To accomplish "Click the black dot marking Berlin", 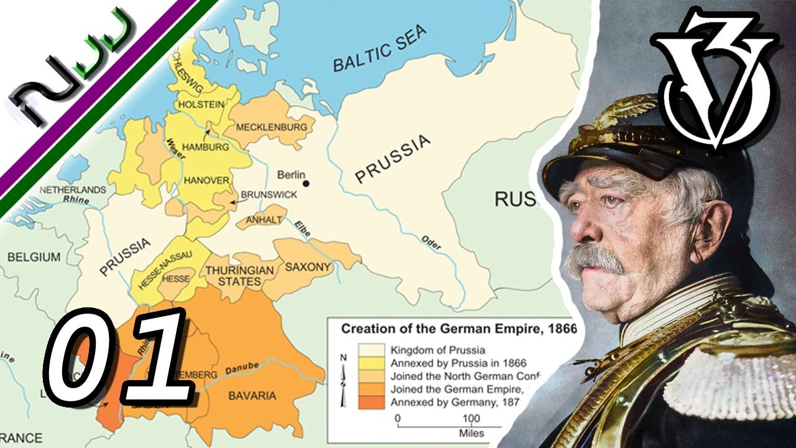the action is pyautogui.click(x=306, y=184).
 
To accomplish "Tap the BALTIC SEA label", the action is pyautogui.click(x=380, y=49).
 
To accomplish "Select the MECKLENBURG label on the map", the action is pyautogui.click(x=272, y=127).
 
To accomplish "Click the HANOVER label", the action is pyautogui.click(x=206, y=180).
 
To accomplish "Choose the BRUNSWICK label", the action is pyautogui.click(x=269, y=195).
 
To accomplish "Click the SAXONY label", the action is pyautogui.click(x=308, y=267).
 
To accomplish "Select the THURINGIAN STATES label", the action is pyautogui.click(x=239, y=276).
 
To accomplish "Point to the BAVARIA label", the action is pyautogui.click(x=252, y=396).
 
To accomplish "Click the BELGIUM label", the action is pyautogui.click(x=34, y=257).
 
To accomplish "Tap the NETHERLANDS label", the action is pyautogui.click(x=73, y=190).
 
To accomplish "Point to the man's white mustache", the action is pyautogui.click(x=594, y=259).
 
